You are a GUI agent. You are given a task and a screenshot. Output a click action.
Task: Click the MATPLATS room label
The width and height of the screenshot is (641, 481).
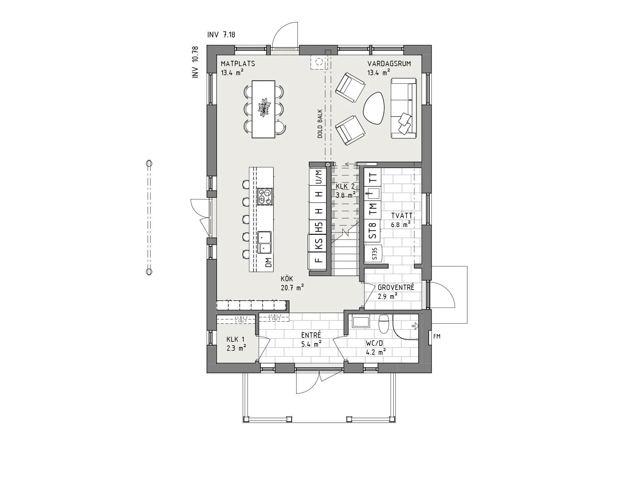(x=238, y=64)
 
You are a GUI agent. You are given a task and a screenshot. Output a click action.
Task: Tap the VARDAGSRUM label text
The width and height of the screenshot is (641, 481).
(x=389, y=64)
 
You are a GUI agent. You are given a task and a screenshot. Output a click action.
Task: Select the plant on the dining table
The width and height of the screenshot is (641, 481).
(x=264, y=108)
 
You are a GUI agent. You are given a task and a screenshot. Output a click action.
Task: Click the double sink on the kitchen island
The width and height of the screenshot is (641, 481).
(x=264, y=242)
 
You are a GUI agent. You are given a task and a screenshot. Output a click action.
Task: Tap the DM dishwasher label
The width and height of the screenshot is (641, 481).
(x=269, y=263)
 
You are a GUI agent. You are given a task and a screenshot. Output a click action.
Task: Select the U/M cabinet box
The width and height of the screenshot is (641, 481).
(x=319, y=177)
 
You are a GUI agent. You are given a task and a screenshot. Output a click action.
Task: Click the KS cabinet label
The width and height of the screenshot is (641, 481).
(x=319, y=244)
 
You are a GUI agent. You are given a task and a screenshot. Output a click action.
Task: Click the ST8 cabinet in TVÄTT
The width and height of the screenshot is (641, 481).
(x=373, y=230)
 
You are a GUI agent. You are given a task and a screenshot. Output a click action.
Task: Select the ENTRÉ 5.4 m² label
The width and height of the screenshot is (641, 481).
(x=311, y=339)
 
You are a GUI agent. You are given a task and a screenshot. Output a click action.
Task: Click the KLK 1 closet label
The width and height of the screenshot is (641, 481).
(x=236, y=344)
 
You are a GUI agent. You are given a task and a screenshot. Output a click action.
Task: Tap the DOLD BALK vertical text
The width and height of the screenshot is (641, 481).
(x=320, y=124)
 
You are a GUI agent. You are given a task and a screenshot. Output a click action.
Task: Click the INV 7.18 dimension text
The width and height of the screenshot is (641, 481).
(x=221, y=35)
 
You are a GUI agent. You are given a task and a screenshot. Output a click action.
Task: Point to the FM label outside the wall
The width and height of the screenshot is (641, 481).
(x=437, y=336)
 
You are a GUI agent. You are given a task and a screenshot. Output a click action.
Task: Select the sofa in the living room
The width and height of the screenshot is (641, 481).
(x=404, y=108)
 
